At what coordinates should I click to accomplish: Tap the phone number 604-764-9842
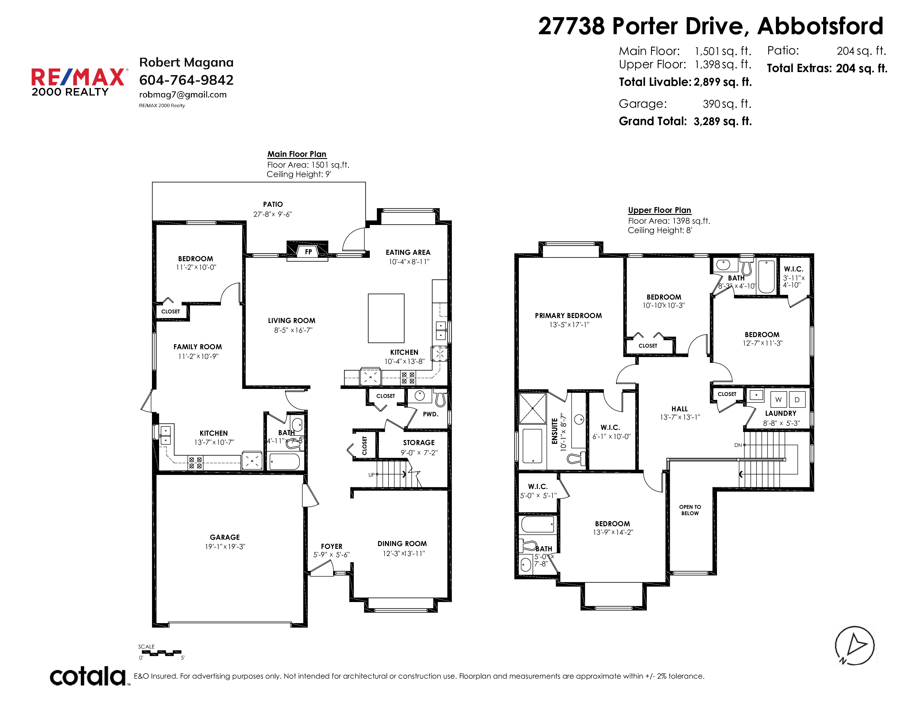click(x=186, y=80)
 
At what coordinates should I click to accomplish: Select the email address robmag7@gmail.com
click(x=183, y=95)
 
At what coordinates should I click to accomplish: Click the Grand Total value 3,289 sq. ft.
click(x=722, y=121)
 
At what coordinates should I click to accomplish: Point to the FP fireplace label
click(x=308, y=252)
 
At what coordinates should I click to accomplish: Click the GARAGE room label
click(x=224, y=537)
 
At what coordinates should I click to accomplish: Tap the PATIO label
click(x=273, y=204)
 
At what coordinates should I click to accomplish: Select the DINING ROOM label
click(x=402, y=543)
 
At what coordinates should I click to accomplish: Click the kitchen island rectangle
click(x=386, y=318)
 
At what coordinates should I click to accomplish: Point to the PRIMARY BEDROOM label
click(x=568, y=316)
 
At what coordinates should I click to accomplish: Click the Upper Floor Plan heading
click(x=660, y=210)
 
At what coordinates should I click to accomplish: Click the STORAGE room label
click(x=419, y=443)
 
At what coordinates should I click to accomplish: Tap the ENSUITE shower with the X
click(x=532, y=409)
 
